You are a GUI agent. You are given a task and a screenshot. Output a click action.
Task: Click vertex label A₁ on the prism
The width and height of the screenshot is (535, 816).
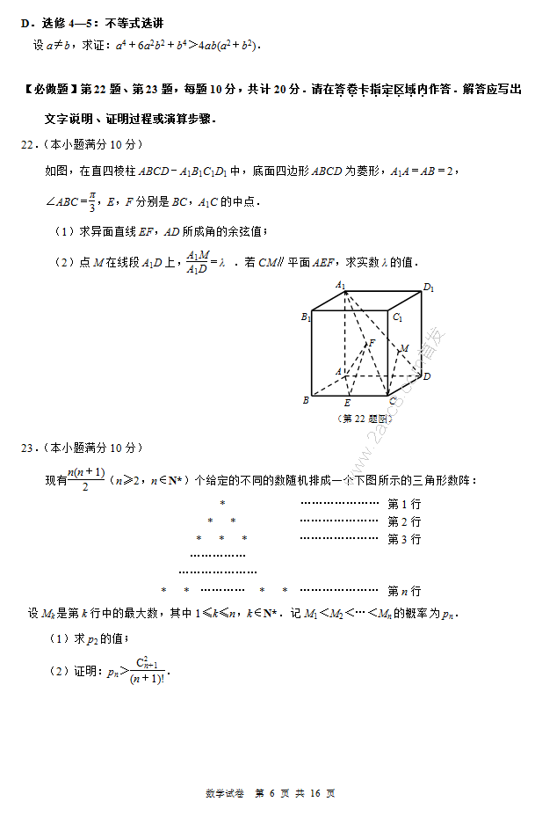pos(340,285)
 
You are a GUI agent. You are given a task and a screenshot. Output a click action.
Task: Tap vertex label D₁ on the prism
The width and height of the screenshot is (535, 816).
pos(429,288)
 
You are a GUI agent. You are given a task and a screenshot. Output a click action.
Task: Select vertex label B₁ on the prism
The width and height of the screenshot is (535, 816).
pos(306,317)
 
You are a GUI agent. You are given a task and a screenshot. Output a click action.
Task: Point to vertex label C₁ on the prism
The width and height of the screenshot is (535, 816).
pos(398,317)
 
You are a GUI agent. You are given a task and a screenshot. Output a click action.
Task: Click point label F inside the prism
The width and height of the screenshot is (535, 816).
pos(372,342)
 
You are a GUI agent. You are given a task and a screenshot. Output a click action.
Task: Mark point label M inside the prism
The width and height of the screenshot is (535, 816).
pos(404,349)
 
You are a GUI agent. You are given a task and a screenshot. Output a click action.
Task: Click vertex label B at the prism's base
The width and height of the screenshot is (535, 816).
pos(306,400)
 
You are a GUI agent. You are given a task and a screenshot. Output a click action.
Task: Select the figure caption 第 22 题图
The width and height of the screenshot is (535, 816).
pos(364,419)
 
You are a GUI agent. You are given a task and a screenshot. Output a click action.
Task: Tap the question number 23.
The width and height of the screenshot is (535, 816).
pos(28,448)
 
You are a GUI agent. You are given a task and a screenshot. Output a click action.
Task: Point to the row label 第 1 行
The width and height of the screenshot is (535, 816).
pos(404,504)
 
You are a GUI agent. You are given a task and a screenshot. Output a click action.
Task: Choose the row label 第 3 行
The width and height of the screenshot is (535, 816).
pos(404,539)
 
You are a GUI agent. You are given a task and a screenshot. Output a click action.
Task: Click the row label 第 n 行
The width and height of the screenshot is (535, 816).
pos(404,591)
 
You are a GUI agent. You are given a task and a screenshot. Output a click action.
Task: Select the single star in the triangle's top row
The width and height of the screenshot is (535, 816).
pos(222,504)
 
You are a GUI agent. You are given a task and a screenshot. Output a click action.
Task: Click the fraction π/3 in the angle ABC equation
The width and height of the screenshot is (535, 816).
pos(90,201)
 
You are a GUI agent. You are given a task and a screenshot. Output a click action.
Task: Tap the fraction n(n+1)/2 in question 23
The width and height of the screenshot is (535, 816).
pos(86,480)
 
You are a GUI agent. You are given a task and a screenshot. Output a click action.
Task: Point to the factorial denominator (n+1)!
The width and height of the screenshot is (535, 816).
pos(125,678)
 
